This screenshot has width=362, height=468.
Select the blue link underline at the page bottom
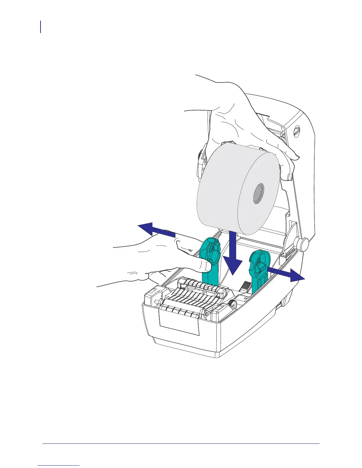click(x=59, y=466)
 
